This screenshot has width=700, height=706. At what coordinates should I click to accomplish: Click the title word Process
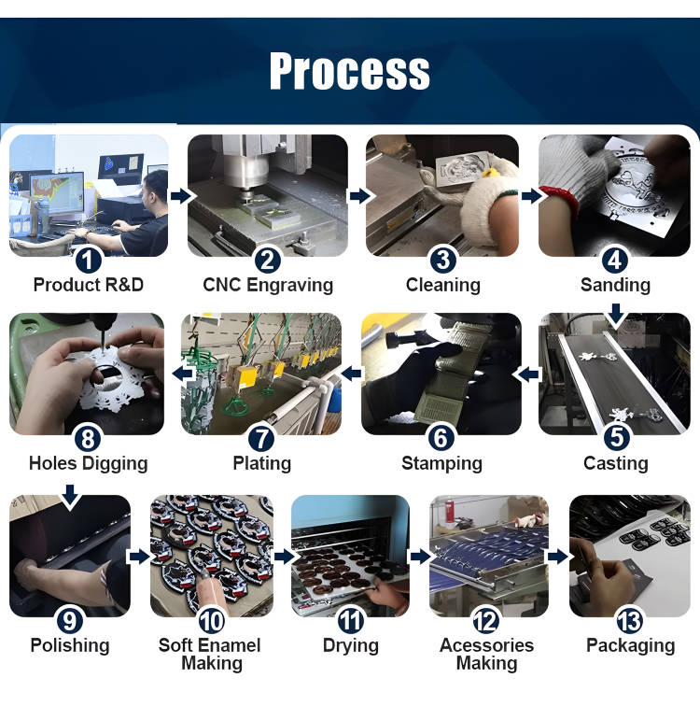(350, 71)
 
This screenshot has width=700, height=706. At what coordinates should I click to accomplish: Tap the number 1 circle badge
(88, 261)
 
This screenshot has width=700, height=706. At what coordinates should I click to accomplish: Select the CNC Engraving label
(268, 285)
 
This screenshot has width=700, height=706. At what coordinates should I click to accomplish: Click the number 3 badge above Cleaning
(443, 260)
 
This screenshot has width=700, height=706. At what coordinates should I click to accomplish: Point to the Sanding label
(615, 285)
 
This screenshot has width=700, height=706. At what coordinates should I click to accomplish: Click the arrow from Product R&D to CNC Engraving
(181, 196)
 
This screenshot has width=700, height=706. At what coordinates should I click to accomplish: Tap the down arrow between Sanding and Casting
(616, 314)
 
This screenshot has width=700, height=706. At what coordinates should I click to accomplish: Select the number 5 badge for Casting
(616, 437)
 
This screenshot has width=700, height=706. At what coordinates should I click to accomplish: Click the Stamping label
(441, 463)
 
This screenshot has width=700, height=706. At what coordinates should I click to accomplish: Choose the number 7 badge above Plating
(261, 439)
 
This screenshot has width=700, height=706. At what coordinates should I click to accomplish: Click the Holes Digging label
(88, 463)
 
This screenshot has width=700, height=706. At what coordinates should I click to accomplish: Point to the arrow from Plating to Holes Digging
(183, 373)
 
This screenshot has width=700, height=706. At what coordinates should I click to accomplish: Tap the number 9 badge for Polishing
(70, 620)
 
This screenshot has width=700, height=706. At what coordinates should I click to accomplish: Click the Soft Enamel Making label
(210, 655)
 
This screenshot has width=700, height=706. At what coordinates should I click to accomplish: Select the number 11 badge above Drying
(350, 620)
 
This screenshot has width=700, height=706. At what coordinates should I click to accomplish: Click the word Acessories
(487, 645)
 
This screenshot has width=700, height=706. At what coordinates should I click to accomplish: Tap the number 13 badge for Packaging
(629, 620)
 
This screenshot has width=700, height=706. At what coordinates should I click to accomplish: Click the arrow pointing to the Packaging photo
(558, 557)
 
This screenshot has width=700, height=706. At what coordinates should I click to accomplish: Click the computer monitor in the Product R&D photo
(56, 192)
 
